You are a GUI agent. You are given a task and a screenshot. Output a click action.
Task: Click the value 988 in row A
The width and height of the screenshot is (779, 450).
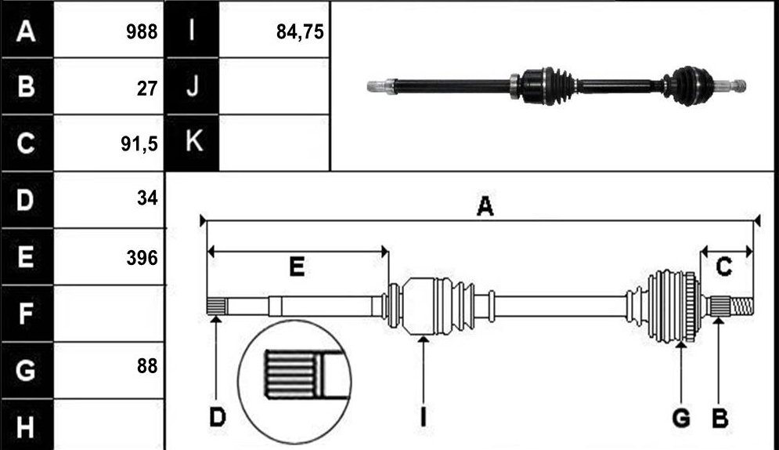coord(142,32)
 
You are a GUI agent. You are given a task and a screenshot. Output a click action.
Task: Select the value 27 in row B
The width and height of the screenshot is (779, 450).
coord(147,89)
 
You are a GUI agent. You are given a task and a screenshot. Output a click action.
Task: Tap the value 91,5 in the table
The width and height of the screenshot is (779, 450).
coord(139,143)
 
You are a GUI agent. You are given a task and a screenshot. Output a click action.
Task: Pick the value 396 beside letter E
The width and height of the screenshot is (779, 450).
coord(142,258)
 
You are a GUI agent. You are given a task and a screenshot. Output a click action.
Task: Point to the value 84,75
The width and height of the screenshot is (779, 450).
coord(300,32)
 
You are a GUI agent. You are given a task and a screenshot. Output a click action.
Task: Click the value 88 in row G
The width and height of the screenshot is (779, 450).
coord(147,366)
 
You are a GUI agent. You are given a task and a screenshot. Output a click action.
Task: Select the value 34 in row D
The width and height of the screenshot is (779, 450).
coord(147,198)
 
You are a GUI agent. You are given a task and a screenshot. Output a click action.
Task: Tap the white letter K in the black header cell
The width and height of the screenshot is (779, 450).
coord(193,140)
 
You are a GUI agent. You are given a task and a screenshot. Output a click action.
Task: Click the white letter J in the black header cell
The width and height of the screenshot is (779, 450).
coord(193,85)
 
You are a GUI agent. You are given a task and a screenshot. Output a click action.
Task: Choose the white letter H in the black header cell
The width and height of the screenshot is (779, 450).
coord(25,427)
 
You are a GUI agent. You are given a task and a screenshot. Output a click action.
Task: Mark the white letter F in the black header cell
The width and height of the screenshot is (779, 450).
coord(25,314)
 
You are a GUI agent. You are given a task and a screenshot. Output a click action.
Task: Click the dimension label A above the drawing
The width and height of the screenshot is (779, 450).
coord(485,206)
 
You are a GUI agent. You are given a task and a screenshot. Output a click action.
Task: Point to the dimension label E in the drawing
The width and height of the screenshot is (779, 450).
coord(297,267)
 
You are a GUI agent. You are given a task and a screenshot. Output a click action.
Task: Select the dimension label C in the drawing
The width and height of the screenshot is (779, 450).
coord(723,267)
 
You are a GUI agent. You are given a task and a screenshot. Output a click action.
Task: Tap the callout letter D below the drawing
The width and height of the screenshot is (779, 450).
coord(217,417)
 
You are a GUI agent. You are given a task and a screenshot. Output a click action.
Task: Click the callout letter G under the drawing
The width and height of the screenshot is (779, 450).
coord(680,418)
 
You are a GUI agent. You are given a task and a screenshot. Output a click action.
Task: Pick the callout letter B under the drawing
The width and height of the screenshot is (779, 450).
coord(719,418)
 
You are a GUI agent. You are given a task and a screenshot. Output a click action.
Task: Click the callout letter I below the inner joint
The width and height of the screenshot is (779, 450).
coord(424,417)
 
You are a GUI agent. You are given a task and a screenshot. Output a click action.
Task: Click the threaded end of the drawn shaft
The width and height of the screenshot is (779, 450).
coord(741,306)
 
